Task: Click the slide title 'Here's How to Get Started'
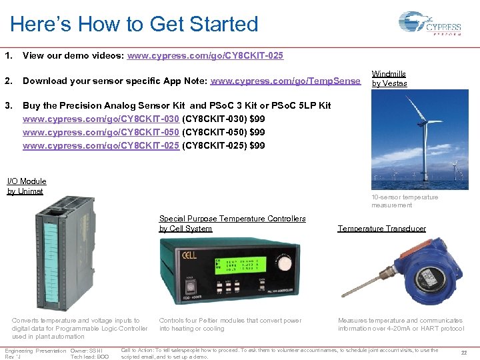point(134,25)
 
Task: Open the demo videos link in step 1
point(205,56)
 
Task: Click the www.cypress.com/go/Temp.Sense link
point(285,81)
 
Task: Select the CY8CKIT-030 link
point(101,119)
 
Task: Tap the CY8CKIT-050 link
point(101,132)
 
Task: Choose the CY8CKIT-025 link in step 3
point(101,145)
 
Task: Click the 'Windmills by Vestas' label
point(389,79)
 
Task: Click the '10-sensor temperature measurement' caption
point(405,201)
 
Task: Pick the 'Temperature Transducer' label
point(381,229)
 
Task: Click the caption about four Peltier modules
point(230,324)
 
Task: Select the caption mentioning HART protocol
point(401,324)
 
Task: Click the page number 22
point(464,353)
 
